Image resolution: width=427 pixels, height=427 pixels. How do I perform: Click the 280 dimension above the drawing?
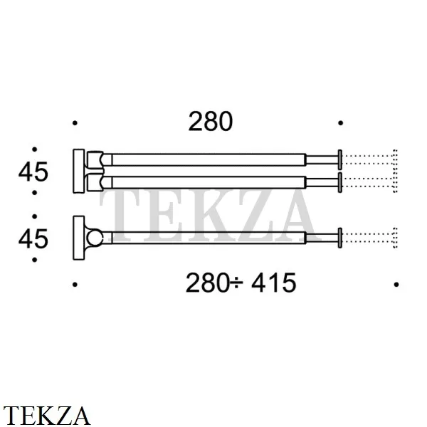click(210, 121)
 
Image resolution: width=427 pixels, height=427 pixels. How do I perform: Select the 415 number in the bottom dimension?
click(273, 283)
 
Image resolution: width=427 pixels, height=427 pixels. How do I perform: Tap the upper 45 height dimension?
click(33, 172)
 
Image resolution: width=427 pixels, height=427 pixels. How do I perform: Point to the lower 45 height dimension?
click(33, 239)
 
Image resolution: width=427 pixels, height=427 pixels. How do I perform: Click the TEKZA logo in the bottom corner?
click(46, 416)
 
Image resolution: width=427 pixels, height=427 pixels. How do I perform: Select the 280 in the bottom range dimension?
click(208, 283)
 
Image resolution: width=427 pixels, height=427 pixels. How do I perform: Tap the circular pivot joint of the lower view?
click(95, 238)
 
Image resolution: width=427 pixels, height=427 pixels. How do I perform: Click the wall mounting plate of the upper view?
click(79, 171)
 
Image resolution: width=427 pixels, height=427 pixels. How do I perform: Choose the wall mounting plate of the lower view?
click(79, 238)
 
